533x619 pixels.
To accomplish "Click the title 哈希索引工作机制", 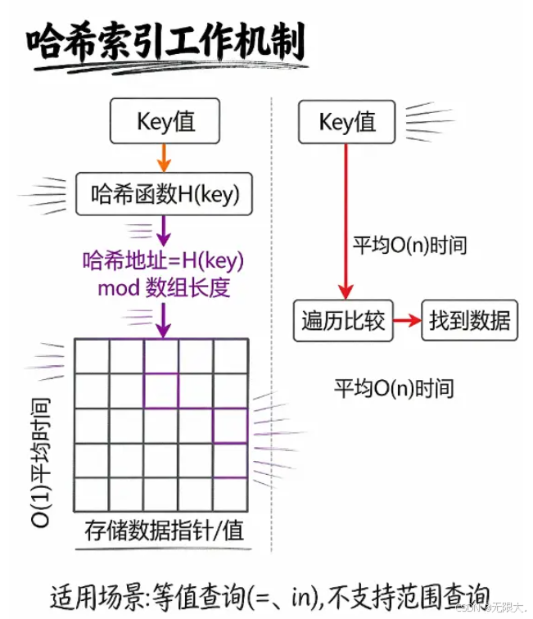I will point(164,41).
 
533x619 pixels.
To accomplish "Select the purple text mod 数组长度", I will point(165,287).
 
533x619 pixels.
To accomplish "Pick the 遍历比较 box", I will point(344,320).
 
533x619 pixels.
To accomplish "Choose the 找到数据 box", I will point(469,320).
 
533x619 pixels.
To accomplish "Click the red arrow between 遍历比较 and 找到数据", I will point(407,320).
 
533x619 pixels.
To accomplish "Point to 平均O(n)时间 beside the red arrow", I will point(409,244).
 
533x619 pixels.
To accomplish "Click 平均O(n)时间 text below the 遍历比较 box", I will point(393,387).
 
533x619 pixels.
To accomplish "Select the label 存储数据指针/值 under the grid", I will point(165,530).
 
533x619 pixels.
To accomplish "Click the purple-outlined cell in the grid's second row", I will point(161,390).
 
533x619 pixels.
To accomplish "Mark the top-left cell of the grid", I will point(92,355).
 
